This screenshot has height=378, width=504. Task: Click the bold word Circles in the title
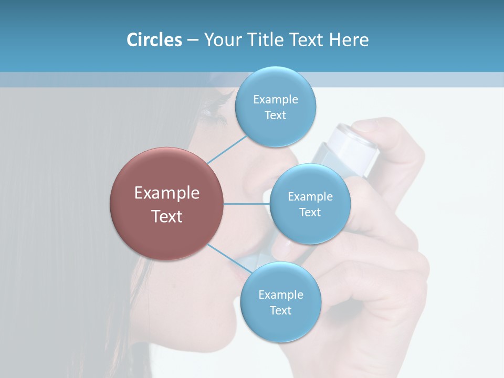coord(154,40)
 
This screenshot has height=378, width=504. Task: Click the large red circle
coord(166,204)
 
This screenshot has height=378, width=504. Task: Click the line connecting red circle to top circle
coord(227,149)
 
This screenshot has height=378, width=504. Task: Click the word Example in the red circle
coord(166,193)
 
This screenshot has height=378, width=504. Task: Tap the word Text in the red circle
coord(166,216)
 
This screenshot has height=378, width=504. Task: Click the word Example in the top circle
coord(276,100)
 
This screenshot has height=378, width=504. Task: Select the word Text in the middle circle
coord(310,213)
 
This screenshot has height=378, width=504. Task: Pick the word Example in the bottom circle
coord(280,295)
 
